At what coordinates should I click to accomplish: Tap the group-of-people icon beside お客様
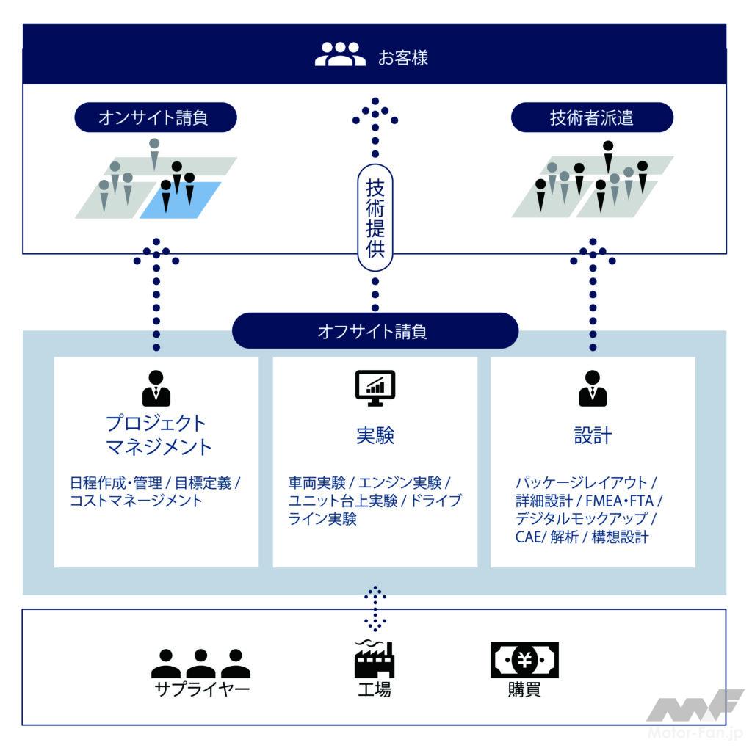coord(340,54)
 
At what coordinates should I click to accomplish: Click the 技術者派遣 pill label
coord(591,117)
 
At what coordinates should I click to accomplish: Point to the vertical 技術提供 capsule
coord(375,217)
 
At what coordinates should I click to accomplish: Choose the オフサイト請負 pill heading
coord(375,331)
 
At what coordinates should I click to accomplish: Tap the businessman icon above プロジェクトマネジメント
coord(156,388)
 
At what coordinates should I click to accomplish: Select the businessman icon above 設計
coord(593,388)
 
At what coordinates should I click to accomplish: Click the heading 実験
coord(375,435)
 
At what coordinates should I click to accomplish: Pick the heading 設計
coord(593,435)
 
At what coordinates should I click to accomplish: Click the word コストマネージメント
coord(136,501)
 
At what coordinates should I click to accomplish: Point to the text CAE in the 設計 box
coord(528,537)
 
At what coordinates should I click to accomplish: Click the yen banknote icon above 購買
coord(524,660)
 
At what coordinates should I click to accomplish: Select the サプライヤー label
coord(201,690)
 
